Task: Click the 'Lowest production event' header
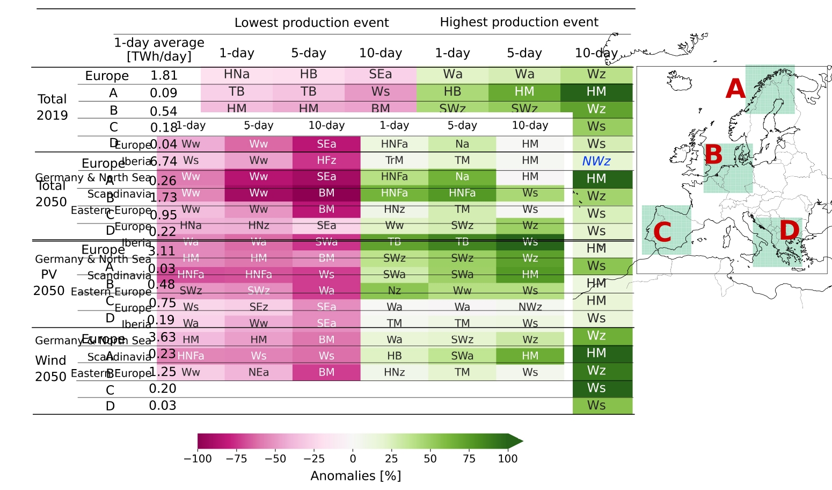[x=311, y=23]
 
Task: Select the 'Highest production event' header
[x=519, y=22]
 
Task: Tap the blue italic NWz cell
[x=596, y=161]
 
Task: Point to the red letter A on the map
[x=735, y=89]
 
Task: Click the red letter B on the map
[x=713, y=155]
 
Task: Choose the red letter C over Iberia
[x=662, y=232]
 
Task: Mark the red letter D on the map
[x=789, y=230]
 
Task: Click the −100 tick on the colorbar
[x=198, y=459]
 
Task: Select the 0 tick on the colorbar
[x=353, y=459]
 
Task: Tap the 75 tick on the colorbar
[x=469, y=459]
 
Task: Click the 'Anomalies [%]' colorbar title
[x=355, y=476]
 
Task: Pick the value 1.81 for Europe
[x=164, y=76]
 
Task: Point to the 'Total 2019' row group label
[x=52, y=107]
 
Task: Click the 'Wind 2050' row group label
[x=50, y=368]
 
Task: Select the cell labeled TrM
[x=395, y=161]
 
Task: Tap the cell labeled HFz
[x=326, y=161]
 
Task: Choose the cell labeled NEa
[x=259, y=372]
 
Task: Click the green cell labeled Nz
[x=395, y=291]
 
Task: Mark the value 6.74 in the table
[x=164, y=162]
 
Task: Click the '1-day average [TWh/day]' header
[x=159, y=49]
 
